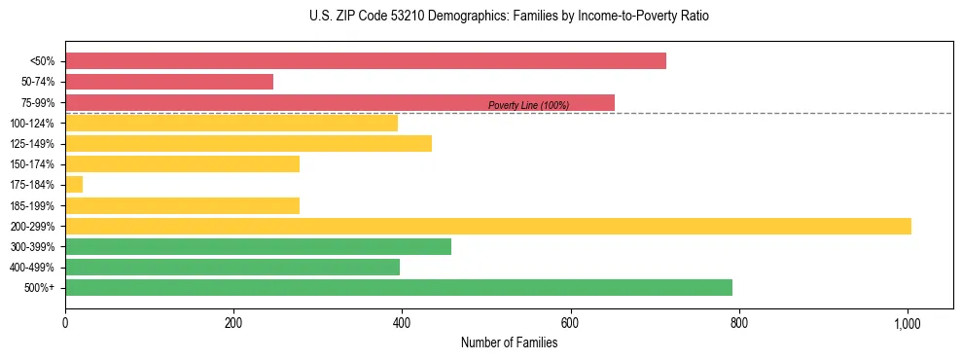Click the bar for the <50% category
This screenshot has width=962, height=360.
[x=365, y=61]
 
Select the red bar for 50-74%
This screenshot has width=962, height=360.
[x=169, y=82]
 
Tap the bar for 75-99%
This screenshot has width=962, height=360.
[x=339, y=102]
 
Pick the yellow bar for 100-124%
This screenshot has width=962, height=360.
[x=232, y=123]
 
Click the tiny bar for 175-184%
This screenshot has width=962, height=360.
[x=74, y=185]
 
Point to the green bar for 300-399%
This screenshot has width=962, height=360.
[x=258, y=246]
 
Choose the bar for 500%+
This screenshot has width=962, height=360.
[x=398, y=287]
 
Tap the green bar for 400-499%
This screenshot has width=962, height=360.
[x=232, y=267]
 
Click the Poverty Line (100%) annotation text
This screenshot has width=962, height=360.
[x=528, y=105]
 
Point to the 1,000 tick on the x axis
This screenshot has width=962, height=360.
[x=908, y=322]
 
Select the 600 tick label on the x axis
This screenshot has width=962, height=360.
[x=570, y=322]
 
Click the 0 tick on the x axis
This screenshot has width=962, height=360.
[x=65, y=322]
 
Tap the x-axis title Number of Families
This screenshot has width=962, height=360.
[x=509, y=342]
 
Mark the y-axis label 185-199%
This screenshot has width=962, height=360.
[x=32, y=206]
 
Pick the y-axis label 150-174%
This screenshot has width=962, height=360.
[x=32, y=164]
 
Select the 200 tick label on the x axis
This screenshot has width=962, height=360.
[x=233, y=322]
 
